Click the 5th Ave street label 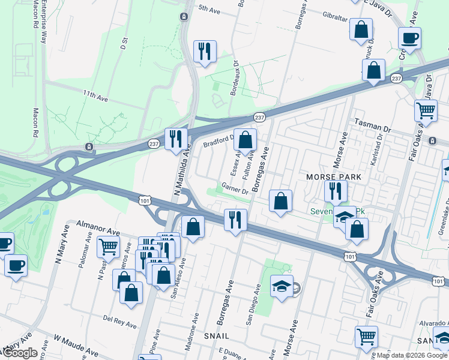click(x=210, y=9)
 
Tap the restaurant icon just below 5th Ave click(x=204, y=52)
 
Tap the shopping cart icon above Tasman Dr click(x=426, y=110)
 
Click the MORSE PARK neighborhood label click(x=334, y=177)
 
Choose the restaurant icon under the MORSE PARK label click(x=335, y=191)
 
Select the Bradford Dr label click(x=217, y=142)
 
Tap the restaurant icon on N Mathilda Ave click(x=176, y=139)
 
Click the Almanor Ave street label click(x=98, y=229)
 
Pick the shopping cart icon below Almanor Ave click(x=108, y=246)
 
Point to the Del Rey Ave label click(x=117, y=318)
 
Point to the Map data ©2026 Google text click(x=411, y=355)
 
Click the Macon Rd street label click(x=36, y=122)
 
